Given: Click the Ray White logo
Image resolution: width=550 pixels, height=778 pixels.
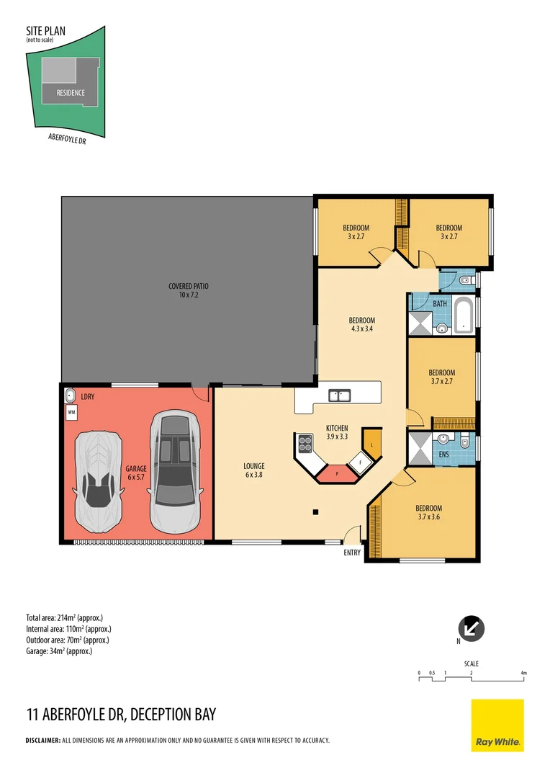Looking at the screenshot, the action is click(x=497, y=725).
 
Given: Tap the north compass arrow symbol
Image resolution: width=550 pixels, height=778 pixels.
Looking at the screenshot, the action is click(x=471, y=629).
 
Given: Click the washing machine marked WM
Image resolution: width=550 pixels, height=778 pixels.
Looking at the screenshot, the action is click(x=71, y=412).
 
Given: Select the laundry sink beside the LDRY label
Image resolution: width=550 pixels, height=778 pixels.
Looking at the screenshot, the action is click(x=70, y=395).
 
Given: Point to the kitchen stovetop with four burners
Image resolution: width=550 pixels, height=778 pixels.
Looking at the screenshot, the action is click(x=305, y=444).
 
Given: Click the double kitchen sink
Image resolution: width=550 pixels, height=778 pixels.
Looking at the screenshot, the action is click(x=340, y=395).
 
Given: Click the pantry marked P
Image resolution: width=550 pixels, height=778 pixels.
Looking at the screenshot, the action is click(x=337, y=474).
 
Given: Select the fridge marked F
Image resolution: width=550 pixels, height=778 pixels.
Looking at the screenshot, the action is click(x=361, y=462).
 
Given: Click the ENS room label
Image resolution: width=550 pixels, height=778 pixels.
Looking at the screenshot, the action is click(x=444, y=454).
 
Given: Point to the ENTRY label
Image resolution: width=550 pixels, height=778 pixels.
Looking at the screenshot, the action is click(x=352, y=553).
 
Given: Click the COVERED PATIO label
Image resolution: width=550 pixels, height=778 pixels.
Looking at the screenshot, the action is click(x=189, y=286).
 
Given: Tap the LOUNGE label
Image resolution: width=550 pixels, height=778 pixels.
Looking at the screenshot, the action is click(x=254, y=466).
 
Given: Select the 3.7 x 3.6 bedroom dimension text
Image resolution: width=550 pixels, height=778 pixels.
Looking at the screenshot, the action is click(x=429, y=517).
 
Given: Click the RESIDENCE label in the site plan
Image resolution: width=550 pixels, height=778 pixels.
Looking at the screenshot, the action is click(x=71, y=93).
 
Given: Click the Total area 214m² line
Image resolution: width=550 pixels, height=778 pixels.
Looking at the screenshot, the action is click(x=65, y=618).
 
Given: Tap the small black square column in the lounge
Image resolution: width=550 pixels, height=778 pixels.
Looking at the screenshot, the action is click(x=315, y=512).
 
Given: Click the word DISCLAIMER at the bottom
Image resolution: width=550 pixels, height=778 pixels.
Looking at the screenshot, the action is click(x=42, y=741).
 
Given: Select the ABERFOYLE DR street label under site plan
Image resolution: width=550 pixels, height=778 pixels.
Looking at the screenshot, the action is click(x=67, y=139).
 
